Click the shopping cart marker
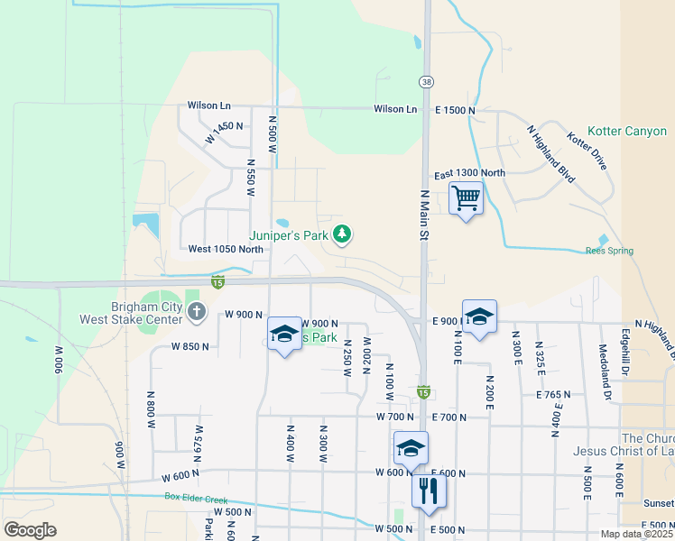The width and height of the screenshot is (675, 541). point(466,197)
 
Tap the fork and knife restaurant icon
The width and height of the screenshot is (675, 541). point(428,491)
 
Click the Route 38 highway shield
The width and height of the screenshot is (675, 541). point(425,81)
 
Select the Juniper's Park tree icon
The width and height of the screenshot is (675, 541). point(341,234)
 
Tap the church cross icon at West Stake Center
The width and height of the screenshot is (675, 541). point(198,312)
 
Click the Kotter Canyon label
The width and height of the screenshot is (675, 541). point(627,132)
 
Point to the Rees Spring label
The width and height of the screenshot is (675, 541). point(609,251)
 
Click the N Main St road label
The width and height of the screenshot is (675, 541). point(423,215)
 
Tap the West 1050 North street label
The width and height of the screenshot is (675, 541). point(226,249)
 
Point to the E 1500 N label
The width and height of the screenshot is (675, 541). point(455,110)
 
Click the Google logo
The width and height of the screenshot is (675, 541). point(30,530)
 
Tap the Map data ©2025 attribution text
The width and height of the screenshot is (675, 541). point(636,534)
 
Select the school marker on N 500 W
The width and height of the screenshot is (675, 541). point(284,335)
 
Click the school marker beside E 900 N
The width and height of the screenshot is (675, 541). point(480,316)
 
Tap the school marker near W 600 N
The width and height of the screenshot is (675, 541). point(411,448)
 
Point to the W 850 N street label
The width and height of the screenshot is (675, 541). point(190,346)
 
